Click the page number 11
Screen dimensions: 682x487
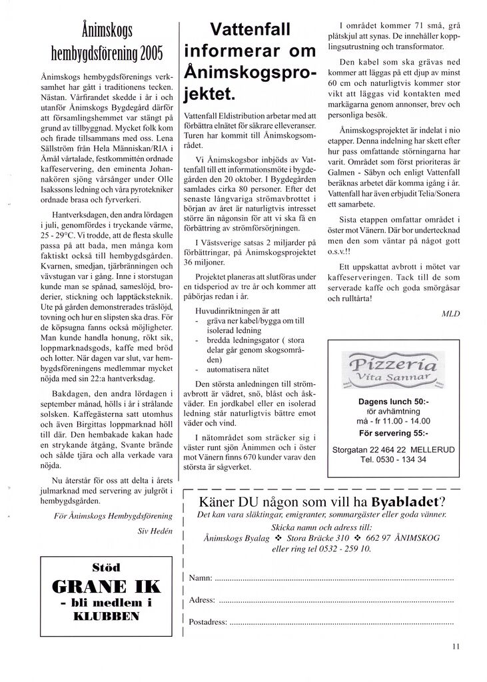coord(455,645)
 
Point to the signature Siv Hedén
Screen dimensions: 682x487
coord(155,531)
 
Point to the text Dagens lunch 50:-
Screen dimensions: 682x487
coord(393,402)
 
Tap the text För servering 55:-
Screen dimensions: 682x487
coord(393,431)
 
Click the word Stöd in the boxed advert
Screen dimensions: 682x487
coord(107,567)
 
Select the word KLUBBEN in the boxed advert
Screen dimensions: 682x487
coord(107,616)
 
